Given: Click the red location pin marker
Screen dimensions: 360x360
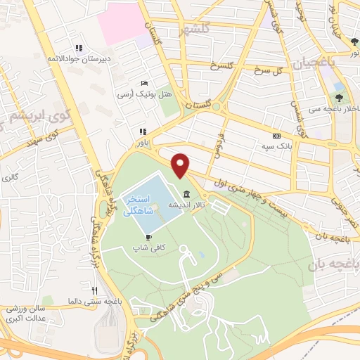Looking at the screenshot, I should [181, 165].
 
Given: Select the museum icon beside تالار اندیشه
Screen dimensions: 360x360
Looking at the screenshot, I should [186, 194].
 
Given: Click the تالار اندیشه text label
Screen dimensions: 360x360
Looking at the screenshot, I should [186, 205].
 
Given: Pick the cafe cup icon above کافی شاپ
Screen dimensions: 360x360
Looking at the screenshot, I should [149, 238].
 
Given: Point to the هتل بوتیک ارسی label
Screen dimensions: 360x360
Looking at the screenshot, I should [134, 94].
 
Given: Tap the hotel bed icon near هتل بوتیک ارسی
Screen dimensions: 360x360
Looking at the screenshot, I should [144, 83].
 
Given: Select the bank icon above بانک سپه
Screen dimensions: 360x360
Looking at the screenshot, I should [276, 136].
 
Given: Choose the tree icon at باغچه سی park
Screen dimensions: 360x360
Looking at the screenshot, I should [339, 98].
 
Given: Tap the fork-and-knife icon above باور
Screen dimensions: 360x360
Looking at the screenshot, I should [143, 131].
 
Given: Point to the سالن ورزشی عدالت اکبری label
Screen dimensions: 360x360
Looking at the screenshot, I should [32, 314].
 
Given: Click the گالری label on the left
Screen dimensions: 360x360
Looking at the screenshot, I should [11, 176].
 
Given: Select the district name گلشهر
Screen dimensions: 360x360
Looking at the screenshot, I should [193, 31].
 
